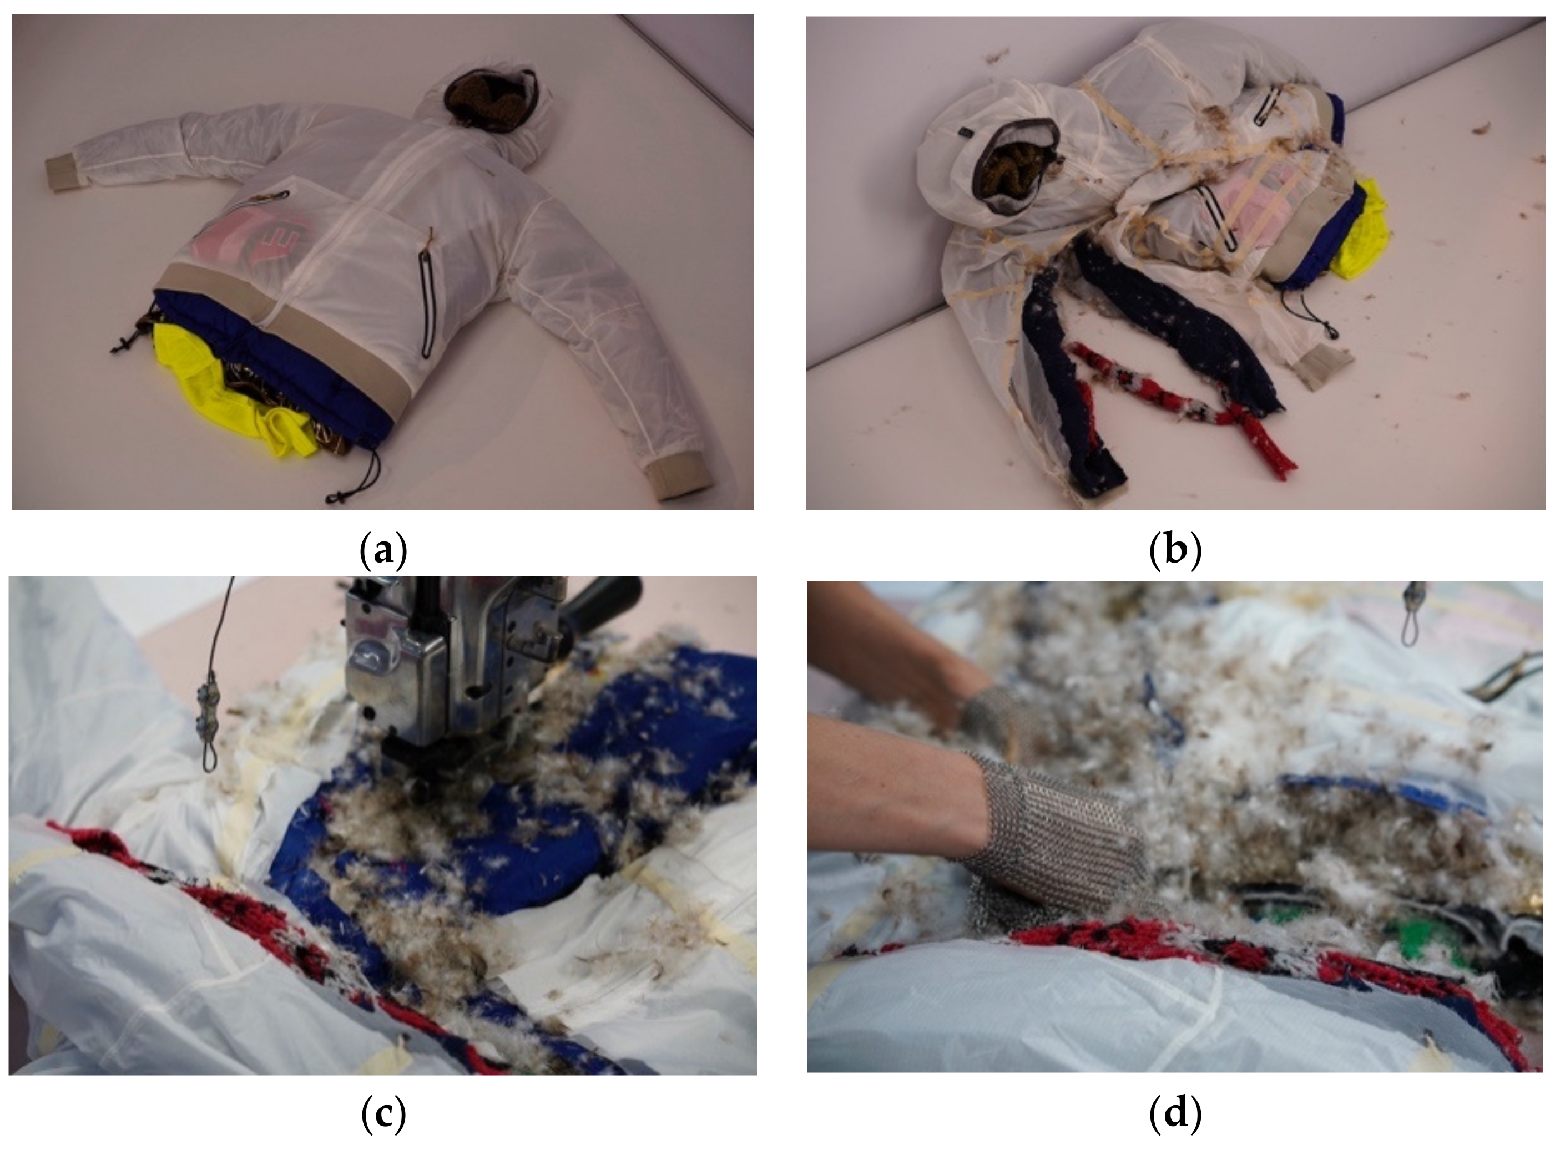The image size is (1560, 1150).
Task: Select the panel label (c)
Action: click(x=383, y=1114)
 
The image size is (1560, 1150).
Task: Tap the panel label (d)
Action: click(x=1175, y=1114)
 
